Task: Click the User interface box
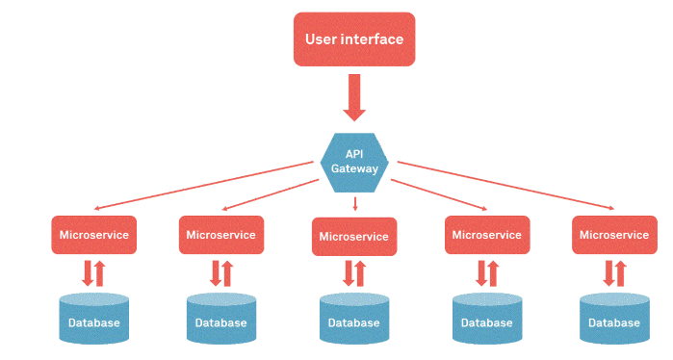(354, 39)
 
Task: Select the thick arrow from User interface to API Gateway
(354, 97)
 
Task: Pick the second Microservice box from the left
(221, 235)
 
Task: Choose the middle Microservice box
(354, 237)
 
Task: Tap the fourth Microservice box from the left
(486, 235)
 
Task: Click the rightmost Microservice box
(614, 235)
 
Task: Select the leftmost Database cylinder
(93, 320)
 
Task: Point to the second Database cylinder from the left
(221, 320)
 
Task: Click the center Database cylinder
(354, 320)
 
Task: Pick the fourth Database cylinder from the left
(486, 320)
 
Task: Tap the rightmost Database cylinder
(614, 320)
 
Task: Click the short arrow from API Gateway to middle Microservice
(355, 203)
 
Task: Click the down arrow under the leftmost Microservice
(87, 272)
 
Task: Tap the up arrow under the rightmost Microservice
(621, 273)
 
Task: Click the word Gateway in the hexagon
(354, 168)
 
